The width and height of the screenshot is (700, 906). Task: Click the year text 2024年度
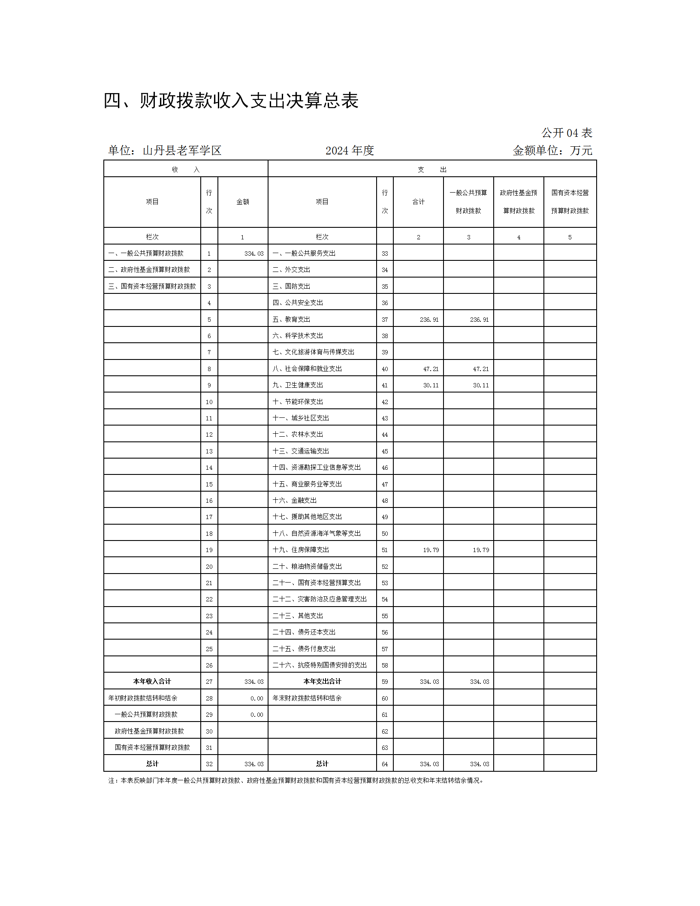point(350,151)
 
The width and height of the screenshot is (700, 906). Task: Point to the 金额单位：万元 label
point(552,151)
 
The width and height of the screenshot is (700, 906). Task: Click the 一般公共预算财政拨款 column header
point(468,202)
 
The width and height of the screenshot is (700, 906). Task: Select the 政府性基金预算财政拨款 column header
point(519,202)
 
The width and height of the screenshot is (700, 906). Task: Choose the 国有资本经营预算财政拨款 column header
point(570,202)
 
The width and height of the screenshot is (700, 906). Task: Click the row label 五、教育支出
point(291,319)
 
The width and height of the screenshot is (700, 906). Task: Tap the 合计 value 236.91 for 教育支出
point(429,320)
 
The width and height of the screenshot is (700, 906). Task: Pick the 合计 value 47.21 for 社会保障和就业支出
point(431,369)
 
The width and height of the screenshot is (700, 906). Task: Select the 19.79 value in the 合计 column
point(431,550)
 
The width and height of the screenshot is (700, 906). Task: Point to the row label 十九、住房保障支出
point(301,550)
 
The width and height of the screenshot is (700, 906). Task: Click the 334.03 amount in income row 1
point(254,254)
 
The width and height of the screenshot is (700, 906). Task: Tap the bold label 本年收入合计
point(152,681)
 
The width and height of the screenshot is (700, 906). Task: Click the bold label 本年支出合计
point(322,681)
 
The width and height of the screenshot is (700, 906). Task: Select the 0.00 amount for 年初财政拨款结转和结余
point(256,698)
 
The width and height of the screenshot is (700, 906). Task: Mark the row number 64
point(385,764)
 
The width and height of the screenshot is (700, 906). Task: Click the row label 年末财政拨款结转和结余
point(307,698)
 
